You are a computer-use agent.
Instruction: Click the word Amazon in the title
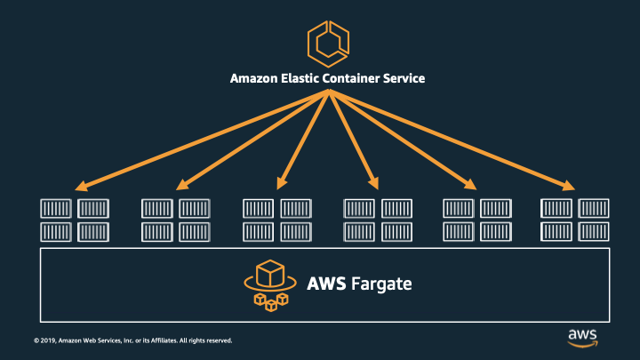[x=255, y=78]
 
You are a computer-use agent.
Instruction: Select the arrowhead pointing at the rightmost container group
[x=569, y=187]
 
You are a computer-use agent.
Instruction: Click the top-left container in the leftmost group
[x=56, y=209]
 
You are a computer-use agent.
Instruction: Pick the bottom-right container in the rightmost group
[x=594, y=232]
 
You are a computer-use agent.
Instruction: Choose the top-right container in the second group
[x=195, y=209]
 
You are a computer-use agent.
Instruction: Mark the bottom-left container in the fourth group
[x=359, y=232]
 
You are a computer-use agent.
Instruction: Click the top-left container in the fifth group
[x=459, y=209]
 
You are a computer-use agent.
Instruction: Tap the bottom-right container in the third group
[x=296, y=232]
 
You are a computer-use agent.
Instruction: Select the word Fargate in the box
[x=380, y=284]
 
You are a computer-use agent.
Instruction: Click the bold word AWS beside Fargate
[x=325, y=284]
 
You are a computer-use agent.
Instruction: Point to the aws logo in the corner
[x=582, y=336]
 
